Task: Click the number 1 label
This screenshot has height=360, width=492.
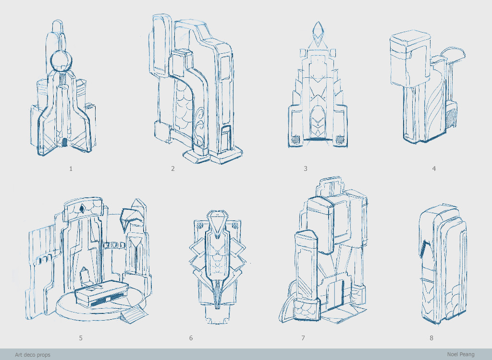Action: pos(71,168)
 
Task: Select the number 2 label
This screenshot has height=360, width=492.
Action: pos(173,168)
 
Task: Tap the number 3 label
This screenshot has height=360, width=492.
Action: pos(305,168)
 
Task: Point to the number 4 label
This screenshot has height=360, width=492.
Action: pos(434,168)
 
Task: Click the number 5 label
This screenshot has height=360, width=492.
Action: pos(81,338)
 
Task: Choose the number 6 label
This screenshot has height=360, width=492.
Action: pos(191,338)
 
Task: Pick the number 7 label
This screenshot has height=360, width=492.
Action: pos(303,338)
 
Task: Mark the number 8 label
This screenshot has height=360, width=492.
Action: pos(431,338)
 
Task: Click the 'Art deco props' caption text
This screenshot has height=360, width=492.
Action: pos(33,355)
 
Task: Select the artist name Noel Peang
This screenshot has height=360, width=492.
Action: pos(461,354)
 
